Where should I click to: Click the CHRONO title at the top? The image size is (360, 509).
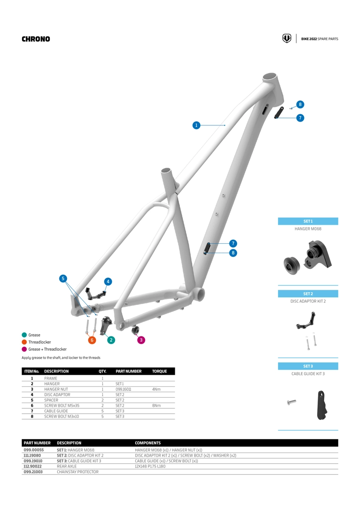36,39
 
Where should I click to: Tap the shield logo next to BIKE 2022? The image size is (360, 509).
286,39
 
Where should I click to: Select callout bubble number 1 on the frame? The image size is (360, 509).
196,125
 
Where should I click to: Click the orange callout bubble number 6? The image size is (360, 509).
92,339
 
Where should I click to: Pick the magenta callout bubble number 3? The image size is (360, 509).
141,339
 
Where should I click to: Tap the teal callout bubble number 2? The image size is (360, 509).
111,339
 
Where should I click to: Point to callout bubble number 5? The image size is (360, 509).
63,279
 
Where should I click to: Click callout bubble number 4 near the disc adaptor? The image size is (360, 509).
108,281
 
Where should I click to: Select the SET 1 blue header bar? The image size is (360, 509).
308,221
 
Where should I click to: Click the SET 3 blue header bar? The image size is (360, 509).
308,366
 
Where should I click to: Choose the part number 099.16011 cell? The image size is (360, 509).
123,389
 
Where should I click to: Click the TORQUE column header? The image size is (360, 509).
160,371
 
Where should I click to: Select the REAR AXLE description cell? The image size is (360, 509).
66,466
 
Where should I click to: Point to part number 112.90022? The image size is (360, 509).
33,466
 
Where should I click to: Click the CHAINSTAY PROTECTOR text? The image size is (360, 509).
78,471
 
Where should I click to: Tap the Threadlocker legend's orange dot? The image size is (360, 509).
24,342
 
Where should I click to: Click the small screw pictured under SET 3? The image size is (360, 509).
291,402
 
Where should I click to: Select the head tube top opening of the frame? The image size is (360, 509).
270,76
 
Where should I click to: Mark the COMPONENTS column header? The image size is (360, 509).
148,443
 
